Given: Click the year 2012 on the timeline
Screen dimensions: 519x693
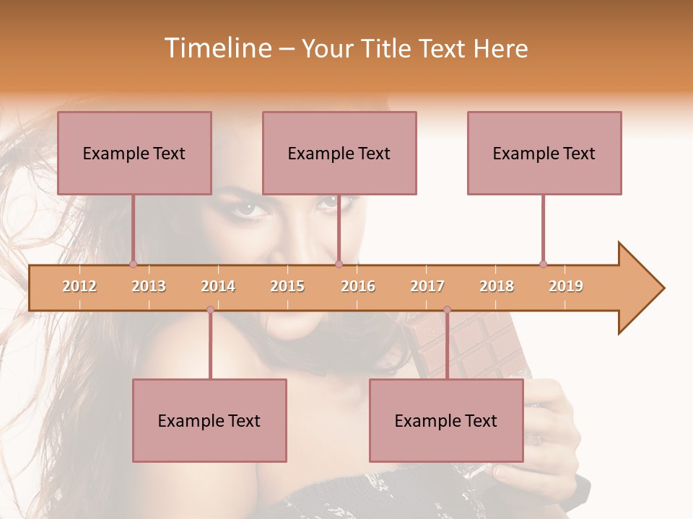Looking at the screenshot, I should pos(79,287).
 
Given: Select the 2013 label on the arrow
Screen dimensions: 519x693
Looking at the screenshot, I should pos(149,287).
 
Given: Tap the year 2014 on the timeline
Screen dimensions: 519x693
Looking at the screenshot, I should pos(218,287).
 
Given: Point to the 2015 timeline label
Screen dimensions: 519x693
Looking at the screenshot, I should pos(287,287).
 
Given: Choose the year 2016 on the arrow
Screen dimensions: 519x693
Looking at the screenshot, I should pos(358,287).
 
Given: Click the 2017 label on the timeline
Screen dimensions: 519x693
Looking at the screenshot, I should pos(427,287).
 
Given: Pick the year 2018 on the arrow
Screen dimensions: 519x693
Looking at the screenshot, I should pos(497,287).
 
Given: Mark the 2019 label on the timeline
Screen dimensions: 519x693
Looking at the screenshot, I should pos(566,287).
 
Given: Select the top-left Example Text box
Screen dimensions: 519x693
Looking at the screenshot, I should pos(134,153).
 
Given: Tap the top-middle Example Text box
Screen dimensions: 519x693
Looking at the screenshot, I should pos(339,153).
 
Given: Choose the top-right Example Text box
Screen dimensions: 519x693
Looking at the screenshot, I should pos(544,153).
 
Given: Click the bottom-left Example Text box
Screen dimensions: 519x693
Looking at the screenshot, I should pos(209,420).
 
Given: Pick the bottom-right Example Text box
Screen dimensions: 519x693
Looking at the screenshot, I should pos(446,420).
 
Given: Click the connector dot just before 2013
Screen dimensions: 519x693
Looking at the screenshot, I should pos(133,264).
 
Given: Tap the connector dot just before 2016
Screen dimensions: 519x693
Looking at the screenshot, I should pos(339,264).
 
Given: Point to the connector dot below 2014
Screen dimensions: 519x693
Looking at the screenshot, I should pos(210,310).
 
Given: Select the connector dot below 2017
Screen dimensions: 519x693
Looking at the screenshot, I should pos(447,310).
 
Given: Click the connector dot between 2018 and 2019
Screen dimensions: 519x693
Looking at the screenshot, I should pos(543,264).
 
